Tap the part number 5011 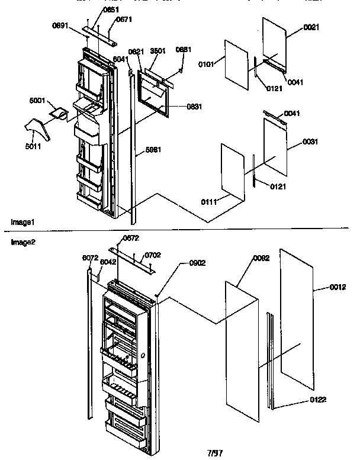34,146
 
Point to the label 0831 178,107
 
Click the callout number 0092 261,258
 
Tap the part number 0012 338,288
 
